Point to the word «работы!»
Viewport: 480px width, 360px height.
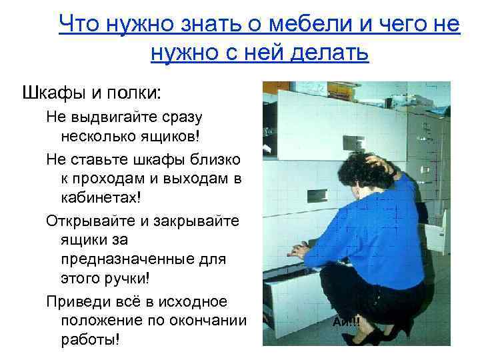[x=90, y=341]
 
